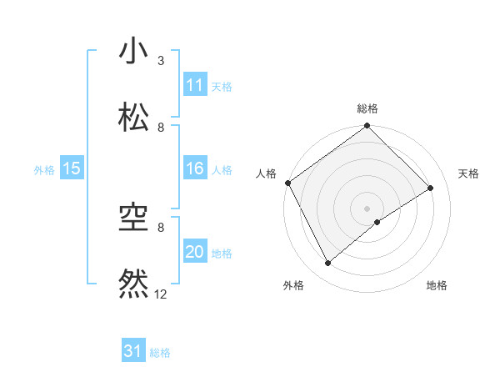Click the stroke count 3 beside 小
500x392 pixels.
(161, 61)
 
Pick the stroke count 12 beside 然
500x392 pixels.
(161, 294)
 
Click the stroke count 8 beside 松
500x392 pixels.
(161, 127)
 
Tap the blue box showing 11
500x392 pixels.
(195, 85)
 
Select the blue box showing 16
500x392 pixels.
(195, 168)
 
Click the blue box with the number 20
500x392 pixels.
(195, 252)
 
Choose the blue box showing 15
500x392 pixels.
(72, 168)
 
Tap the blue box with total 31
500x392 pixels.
(133, 351)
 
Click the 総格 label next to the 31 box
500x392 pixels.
(160, 353)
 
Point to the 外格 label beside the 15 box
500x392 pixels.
(44, 169)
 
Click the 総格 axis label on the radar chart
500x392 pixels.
(367, 108)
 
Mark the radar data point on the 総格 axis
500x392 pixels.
(367, 127)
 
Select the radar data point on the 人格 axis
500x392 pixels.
(287, 183)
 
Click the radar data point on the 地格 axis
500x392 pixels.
(377, 222)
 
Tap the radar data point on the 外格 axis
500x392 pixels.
(328, 264)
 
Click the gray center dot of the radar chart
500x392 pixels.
(367, 208)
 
